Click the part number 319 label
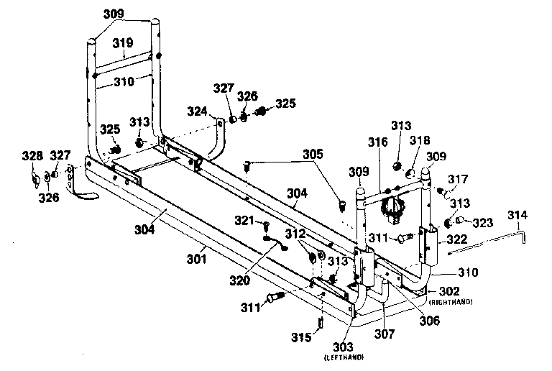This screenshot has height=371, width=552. (x=123, y=43)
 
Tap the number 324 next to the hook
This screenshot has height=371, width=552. (x=197, y=111)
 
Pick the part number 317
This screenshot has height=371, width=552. (x=458, y=179)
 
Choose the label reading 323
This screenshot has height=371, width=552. (x=482, y=224)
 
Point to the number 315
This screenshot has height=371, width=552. (x=301, y=336)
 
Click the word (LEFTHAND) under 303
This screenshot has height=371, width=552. (x=344, y=357)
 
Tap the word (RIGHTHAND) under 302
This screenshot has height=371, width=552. (x=452, y=301)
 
